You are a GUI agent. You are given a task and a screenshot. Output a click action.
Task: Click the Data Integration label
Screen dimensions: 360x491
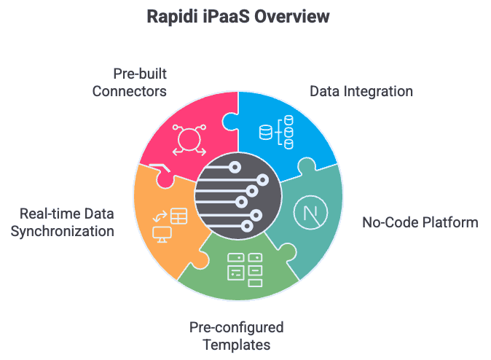point(361,92)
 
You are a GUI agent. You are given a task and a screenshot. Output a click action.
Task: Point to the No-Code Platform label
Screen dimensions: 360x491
point(420,222)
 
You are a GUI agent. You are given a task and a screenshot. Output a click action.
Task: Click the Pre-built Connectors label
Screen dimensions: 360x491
point(129,83)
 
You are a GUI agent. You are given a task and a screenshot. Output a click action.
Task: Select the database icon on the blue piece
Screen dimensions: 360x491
point(276,133)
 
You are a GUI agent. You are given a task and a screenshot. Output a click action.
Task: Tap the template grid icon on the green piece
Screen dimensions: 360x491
point(245,267)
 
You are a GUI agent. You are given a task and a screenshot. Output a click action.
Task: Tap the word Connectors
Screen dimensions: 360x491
point(129,93)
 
